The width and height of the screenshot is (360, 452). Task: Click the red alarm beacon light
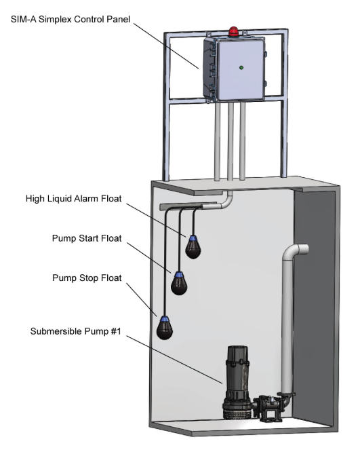234,31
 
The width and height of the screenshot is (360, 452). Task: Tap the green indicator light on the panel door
241,68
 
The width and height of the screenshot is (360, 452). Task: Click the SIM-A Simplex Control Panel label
71,19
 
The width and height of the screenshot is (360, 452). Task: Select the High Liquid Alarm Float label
74,199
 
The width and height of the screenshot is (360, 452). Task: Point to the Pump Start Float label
87,238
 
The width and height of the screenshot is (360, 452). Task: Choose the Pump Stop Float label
87,278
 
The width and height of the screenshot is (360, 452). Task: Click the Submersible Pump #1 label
75,331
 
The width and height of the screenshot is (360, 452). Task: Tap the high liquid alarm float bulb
193,248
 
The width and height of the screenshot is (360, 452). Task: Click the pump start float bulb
179,284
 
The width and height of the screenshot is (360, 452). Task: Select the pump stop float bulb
165,328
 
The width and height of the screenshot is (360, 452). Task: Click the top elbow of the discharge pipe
293,250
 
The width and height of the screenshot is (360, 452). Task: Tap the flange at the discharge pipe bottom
286,394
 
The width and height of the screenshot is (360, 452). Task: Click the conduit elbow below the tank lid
226,201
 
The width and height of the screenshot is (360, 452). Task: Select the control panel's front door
241,69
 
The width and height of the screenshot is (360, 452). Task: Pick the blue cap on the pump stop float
165,319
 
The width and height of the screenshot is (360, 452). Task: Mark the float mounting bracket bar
188,206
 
